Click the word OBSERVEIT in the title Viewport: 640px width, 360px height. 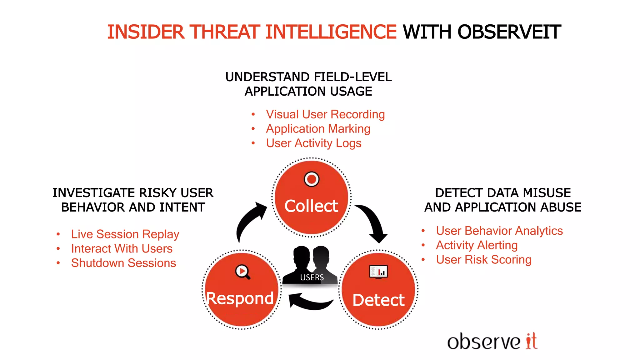(x=509, y=32)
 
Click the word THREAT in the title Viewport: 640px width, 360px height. (x=225, y=32)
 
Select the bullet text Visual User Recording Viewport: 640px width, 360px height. (x=325, y=114)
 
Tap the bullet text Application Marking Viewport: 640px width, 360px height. (x=318, y=129)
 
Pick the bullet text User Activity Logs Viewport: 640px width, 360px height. (x=314, y=143)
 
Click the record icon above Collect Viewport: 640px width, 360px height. (x=312, y=179)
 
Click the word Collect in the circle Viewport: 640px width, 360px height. (x=311, y=206)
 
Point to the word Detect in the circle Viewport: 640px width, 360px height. (x=378, y=300)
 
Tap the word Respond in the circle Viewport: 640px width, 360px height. (x=240, y=298)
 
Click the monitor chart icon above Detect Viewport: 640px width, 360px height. (x=378, y=272)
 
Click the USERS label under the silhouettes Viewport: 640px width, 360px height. (x=312, y=277)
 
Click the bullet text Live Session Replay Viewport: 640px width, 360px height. (x=125, y=234)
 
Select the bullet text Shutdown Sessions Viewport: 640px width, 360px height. (x=123, y=263)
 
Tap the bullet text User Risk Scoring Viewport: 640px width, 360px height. (x=483, y=260)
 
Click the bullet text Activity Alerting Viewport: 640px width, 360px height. (x=477, y=245)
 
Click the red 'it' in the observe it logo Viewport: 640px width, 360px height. (x=531, y=341)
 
